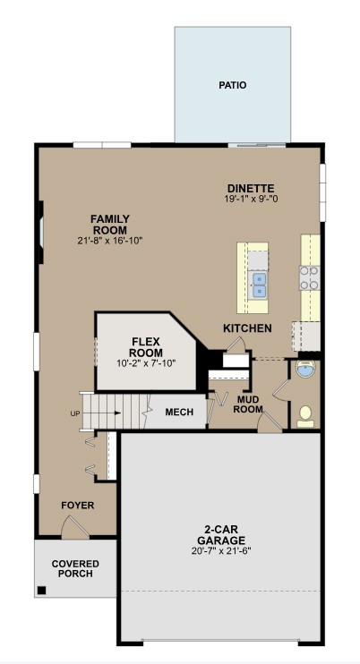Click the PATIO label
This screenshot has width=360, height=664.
[x=232, y=86]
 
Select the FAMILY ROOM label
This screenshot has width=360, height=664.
[x=110, y=225]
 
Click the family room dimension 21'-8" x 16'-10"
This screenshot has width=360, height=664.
[x=110, y=241]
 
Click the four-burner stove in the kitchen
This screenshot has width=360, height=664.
[x=310, y=277]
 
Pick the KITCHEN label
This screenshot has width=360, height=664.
[x=247, y=328]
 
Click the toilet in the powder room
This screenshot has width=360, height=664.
[x=305, y=413]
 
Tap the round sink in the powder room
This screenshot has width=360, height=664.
[x=304, y=370]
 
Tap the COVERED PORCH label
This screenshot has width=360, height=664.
[x=75, y=569]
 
